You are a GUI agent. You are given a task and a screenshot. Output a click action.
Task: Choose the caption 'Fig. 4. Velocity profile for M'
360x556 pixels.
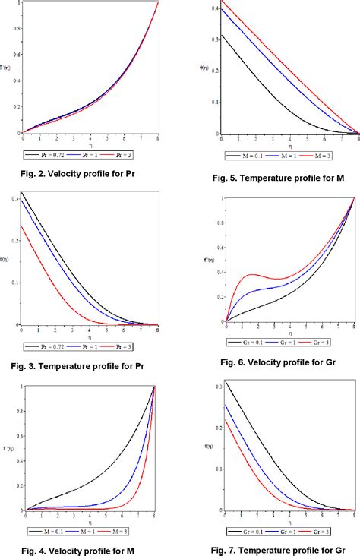(x=79, y=548)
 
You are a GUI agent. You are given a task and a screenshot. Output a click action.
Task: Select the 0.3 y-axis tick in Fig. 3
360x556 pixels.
(x=16, y=197)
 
